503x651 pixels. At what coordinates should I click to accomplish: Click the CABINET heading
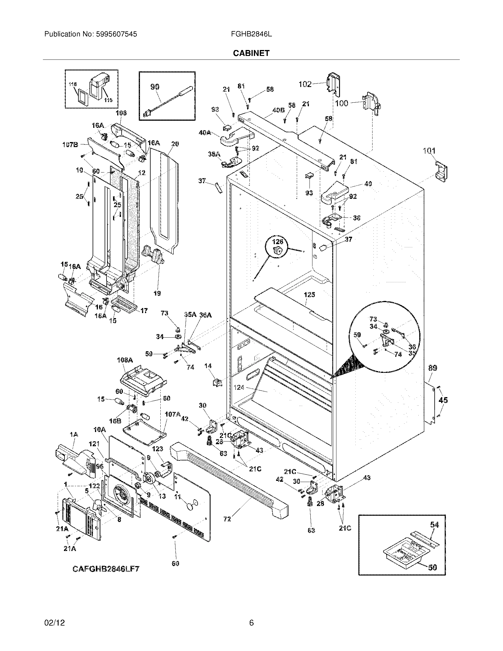click(251, 53)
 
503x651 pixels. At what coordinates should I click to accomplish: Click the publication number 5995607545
click(117, 34)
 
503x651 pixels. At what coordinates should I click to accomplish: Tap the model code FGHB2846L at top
click(251, 34)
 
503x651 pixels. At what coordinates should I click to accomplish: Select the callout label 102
click(305, 84)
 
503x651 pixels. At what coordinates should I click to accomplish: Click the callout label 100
click(341, 104)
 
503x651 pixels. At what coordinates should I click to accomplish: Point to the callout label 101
click(429, 151)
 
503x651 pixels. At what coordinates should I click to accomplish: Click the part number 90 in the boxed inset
click(155, 87)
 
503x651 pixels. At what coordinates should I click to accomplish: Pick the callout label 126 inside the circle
click(278, 242)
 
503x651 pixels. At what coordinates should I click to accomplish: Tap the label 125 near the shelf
click(309, 295)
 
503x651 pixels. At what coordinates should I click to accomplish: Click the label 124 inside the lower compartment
click(239, 388)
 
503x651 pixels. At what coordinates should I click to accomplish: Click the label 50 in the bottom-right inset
click(432, 567)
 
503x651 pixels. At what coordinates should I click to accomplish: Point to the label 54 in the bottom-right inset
click(434, 525)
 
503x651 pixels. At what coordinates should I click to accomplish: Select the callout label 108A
click(125, 360)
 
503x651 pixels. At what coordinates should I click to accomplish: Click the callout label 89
click(433, 368)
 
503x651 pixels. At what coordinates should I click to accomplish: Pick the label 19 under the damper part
click(157, 293)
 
